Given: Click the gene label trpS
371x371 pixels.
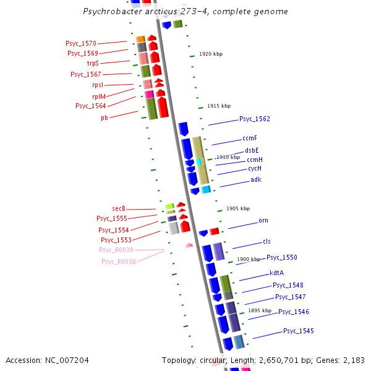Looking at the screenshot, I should (x=92, y=63).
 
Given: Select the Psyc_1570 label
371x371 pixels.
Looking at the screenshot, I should (x=81, y=43).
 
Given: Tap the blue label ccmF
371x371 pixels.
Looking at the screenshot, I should (x=250, y=138).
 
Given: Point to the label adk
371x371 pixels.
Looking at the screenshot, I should (x=256, y=179).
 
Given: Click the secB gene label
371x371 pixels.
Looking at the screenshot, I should (x=119, y=208).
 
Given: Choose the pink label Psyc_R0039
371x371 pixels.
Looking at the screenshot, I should (x=116, y=250).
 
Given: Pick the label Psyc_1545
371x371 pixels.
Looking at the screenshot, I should (x=299, y=331).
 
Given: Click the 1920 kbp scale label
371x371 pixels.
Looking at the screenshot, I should (x=211, y=54).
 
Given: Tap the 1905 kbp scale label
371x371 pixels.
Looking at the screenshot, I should (x=238, y=209).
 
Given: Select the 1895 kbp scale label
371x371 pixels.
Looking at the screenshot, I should (x=260, y=310).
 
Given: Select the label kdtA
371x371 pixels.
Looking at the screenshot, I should (x=276, y=273).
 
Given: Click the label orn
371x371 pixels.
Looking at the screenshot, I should (x=263, y=220).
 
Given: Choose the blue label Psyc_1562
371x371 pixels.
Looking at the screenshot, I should (x=255, y=119).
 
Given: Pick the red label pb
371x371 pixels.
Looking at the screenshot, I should (x=104, y=117).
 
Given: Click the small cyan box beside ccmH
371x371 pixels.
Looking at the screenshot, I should (x=199, y=161).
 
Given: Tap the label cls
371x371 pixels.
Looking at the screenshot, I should (x=267, y=241).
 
